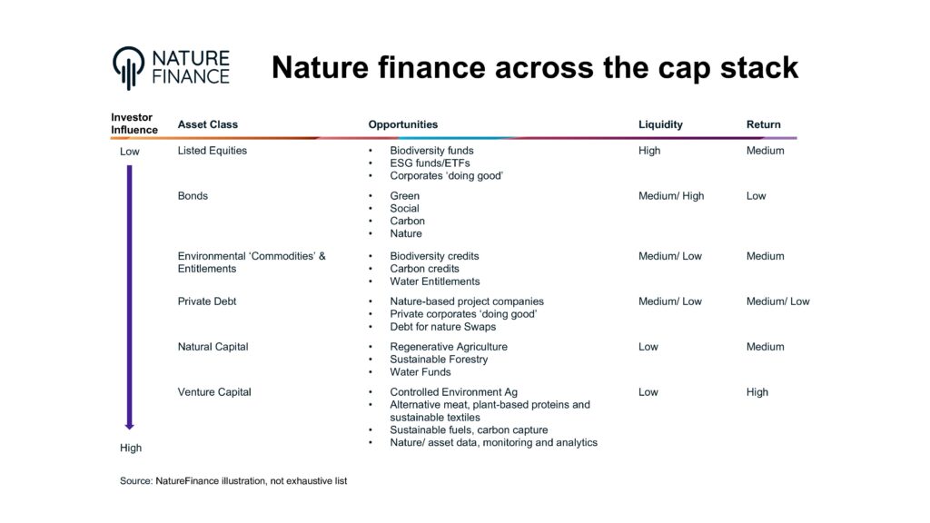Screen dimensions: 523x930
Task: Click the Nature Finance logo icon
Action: (x=129, y=67)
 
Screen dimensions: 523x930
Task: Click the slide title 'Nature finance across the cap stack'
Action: (x=535, y=67)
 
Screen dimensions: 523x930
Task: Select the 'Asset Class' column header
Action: (x=208, y=124)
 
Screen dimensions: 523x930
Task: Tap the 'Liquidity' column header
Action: (x=660, y=124)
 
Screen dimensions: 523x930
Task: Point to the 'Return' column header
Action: (x=763, y=124)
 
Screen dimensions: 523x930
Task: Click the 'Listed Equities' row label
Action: (x=212, y=151)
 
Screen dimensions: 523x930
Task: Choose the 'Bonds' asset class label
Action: (x=193, y=196)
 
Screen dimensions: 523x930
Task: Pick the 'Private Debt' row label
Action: (x=207, y=301)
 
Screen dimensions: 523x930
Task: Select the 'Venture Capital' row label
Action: (x=214, y=392)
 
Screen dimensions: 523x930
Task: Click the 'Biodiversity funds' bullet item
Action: (x=431, y=151)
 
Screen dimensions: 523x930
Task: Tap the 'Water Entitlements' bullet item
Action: (x=434, y=281)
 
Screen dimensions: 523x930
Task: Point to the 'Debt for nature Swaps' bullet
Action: (x=442, y=327)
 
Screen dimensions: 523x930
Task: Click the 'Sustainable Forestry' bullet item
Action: (x=439, y=360)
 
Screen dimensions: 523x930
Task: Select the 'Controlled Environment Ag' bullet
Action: (x=453, y=392)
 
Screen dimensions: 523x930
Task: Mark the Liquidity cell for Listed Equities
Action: (x=649, y=151)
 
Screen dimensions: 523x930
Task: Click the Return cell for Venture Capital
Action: (x=757, y=392)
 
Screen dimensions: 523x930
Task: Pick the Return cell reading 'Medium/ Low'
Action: (x=777, y=301)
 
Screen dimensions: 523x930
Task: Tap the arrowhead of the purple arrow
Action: (x=129, y=424)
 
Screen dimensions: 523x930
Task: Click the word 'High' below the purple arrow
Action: (x=131, y=449)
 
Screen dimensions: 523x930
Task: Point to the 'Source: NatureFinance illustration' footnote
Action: (x=233, y=481)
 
